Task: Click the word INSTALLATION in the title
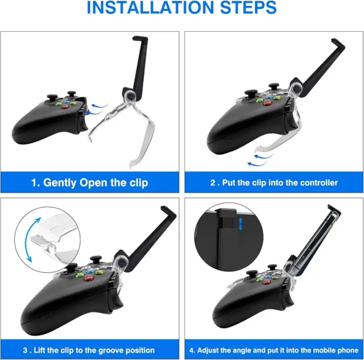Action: click(150, 7)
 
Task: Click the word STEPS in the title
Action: click(249, 7)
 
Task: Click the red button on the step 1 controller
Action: click(64, 106)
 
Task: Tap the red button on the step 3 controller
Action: click(88, 278)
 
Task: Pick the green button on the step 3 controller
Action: click(80, 275)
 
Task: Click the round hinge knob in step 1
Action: click(130, 96)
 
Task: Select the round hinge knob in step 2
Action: click(296, 88)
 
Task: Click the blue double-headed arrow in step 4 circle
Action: click(241, 224)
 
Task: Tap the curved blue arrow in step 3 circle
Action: click(32, 239)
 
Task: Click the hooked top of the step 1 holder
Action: click(140, 39)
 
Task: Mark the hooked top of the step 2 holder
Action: click(338, 44)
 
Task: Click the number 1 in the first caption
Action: click(35, 183)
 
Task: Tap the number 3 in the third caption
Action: click(25, 350)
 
